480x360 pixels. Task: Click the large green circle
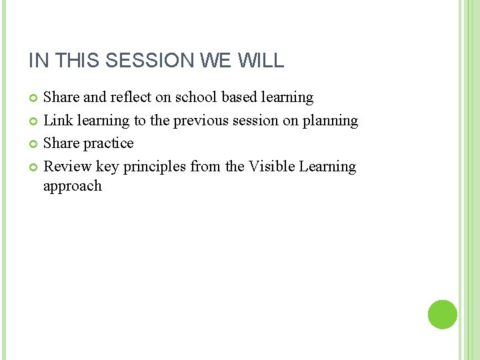tap(443, 315)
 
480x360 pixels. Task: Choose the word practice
tap(108, 143)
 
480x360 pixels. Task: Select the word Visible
tap(271, 167)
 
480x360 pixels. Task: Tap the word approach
tap(73, 186)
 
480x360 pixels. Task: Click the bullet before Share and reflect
tap(35, 98)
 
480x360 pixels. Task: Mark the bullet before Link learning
tap(35, 121)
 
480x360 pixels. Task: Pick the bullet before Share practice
tap(35, 144)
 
